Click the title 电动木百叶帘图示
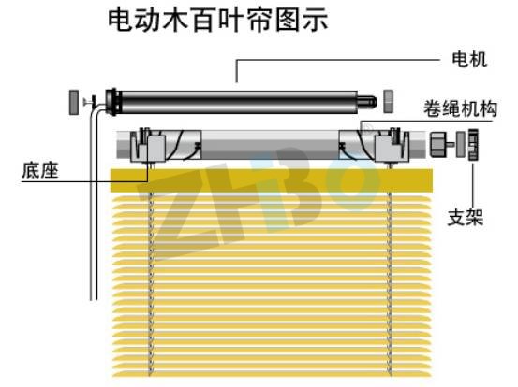tap(218, 21)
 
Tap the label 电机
tap(469, 59)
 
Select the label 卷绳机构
tap(460, 108)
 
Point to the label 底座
tap(40, 170)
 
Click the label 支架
tap(466, 217)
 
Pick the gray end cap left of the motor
tap(74, 102)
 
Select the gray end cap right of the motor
tap(388, 101)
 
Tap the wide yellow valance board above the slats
tap(272, 180)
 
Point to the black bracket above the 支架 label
tap(473, 144)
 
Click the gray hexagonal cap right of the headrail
tap(437, 144)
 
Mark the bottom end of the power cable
tap(95, 299)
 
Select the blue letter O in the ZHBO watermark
tap(352, 183)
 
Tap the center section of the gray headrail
tap(270, 144)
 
